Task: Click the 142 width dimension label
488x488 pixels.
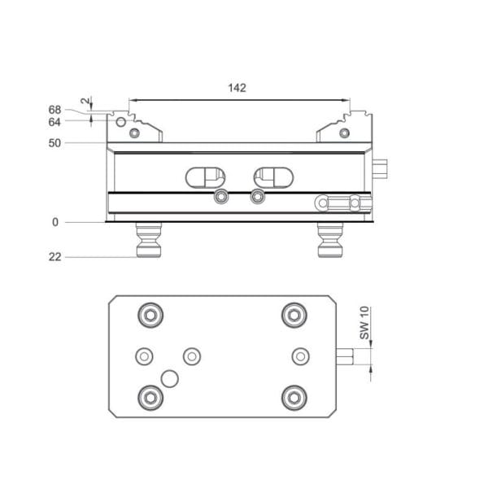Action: [x=237, y=88]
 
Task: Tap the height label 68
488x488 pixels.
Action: [x=54, y=110]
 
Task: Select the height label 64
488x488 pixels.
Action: [x=54, y=122]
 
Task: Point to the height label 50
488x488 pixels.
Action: [x=54, y=143]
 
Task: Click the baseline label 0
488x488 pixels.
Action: [x=55, y=222]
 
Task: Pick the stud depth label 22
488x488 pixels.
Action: [x=54, y=257]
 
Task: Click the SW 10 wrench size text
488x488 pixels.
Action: [x=364, y=323]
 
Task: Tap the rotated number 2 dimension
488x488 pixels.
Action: [x=85, y=101]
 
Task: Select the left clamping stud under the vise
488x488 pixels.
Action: [x=149, y=240]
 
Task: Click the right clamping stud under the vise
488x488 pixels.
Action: [x=330, y=240]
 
